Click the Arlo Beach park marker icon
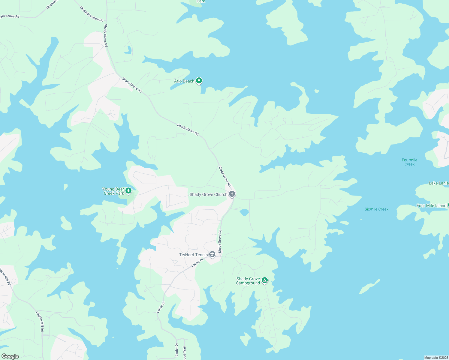pos(199,81)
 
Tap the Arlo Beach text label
pos(184,81)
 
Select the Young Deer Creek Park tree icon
pos(128,191)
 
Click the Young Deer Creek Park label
pos(113,191)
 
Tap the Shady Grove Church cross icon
pos(232,194)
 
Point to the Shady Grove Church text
pos(208,195)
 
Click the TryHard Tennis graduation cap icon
pos(212,255)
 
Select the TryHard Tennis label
pos(193,255)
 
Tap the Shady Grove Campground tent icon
pos(264,280)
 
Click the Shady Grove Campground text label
pos(248,281)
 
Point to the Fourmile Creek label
pos(409,162)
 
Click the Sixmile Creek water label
pos(376,209)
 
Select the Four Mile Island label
pos(431,206)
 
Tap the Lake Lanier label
pos(438,183)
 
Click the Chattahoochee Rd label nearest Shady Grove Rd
pos(92,14)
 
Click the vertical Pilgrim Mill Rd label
pos(40,322)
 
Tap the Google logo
pos(10,356)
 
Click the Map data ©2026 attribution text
pos(435,358)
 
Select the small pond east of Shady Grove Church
pos(244,212)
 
